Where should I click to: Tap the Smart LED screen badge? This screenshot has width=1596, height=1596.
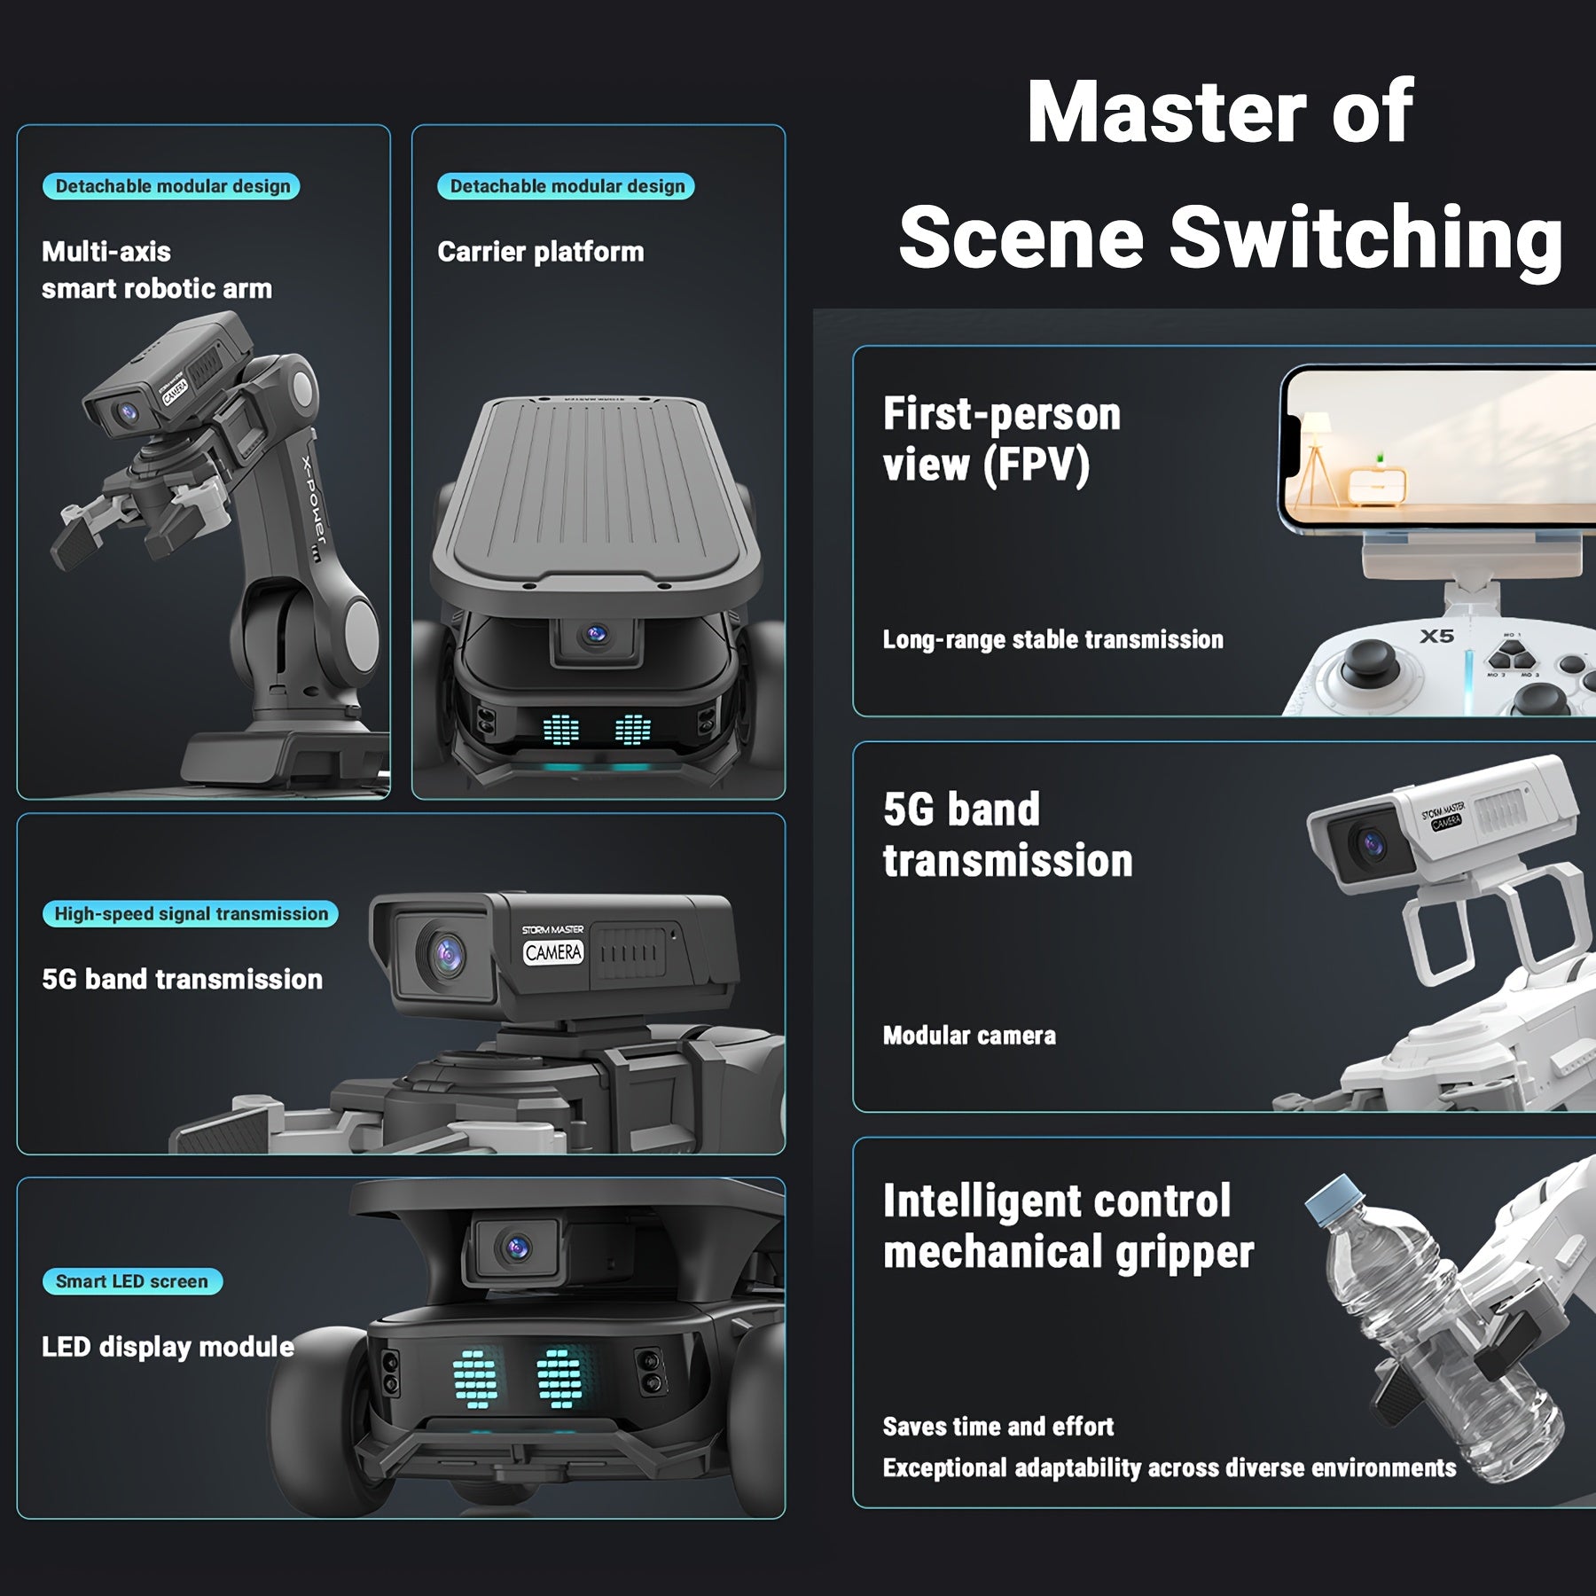132,1281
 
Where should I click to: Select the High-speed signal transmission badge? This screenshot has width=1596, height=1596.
191,914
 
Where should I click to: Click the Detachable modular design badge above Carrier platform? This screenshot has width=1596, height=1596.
567,186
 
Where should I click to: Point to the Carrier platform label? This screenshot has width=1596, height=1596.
541,252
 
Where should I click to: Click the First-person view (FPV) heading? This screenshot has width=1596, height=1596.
1002,439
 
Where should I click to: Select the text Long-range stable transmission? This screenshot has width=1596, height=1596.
1052,639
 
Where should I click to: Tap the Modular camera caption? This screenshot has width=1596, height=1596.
969,1036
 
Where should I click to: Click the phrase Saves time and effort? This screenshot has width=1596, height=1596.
997,1427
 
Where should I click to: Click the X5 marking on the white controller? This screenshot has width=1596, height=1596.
1436,636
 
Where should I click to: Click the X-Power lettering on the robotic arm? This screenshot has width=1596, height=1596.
315,501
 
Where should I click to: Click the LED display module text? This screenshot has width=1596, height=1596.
168,1347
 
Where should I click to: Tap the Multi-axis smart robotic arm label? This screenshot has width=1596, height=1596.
157,270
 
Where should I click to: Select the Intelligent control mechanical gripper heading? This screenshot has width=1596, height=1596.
1068,1226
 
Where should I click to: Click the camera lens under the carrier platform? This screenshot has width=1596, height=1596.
596,634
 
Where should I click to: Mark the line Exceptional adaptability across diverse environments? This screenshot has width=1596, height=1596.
1170,1468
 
